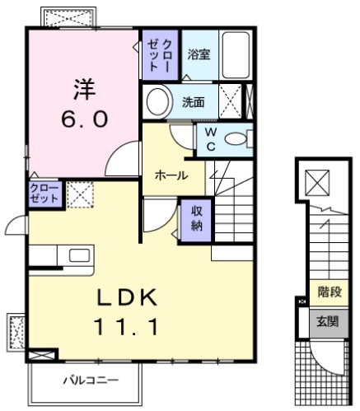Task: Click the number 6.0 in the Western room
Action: click(x=83, y=118)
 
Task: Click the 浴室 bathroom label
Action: click(x=198, y=55)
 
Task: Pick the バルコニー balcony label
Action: click(x=91, y=381)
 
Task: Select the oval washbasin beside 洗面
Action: click(x=155, y=103)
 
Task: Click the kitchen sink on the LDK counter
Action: click(x=80, y=255)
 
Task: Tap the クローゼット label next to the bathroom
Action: click(x=157, y=54)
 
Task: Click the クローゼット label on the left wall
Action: click(x=43, y=194)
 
